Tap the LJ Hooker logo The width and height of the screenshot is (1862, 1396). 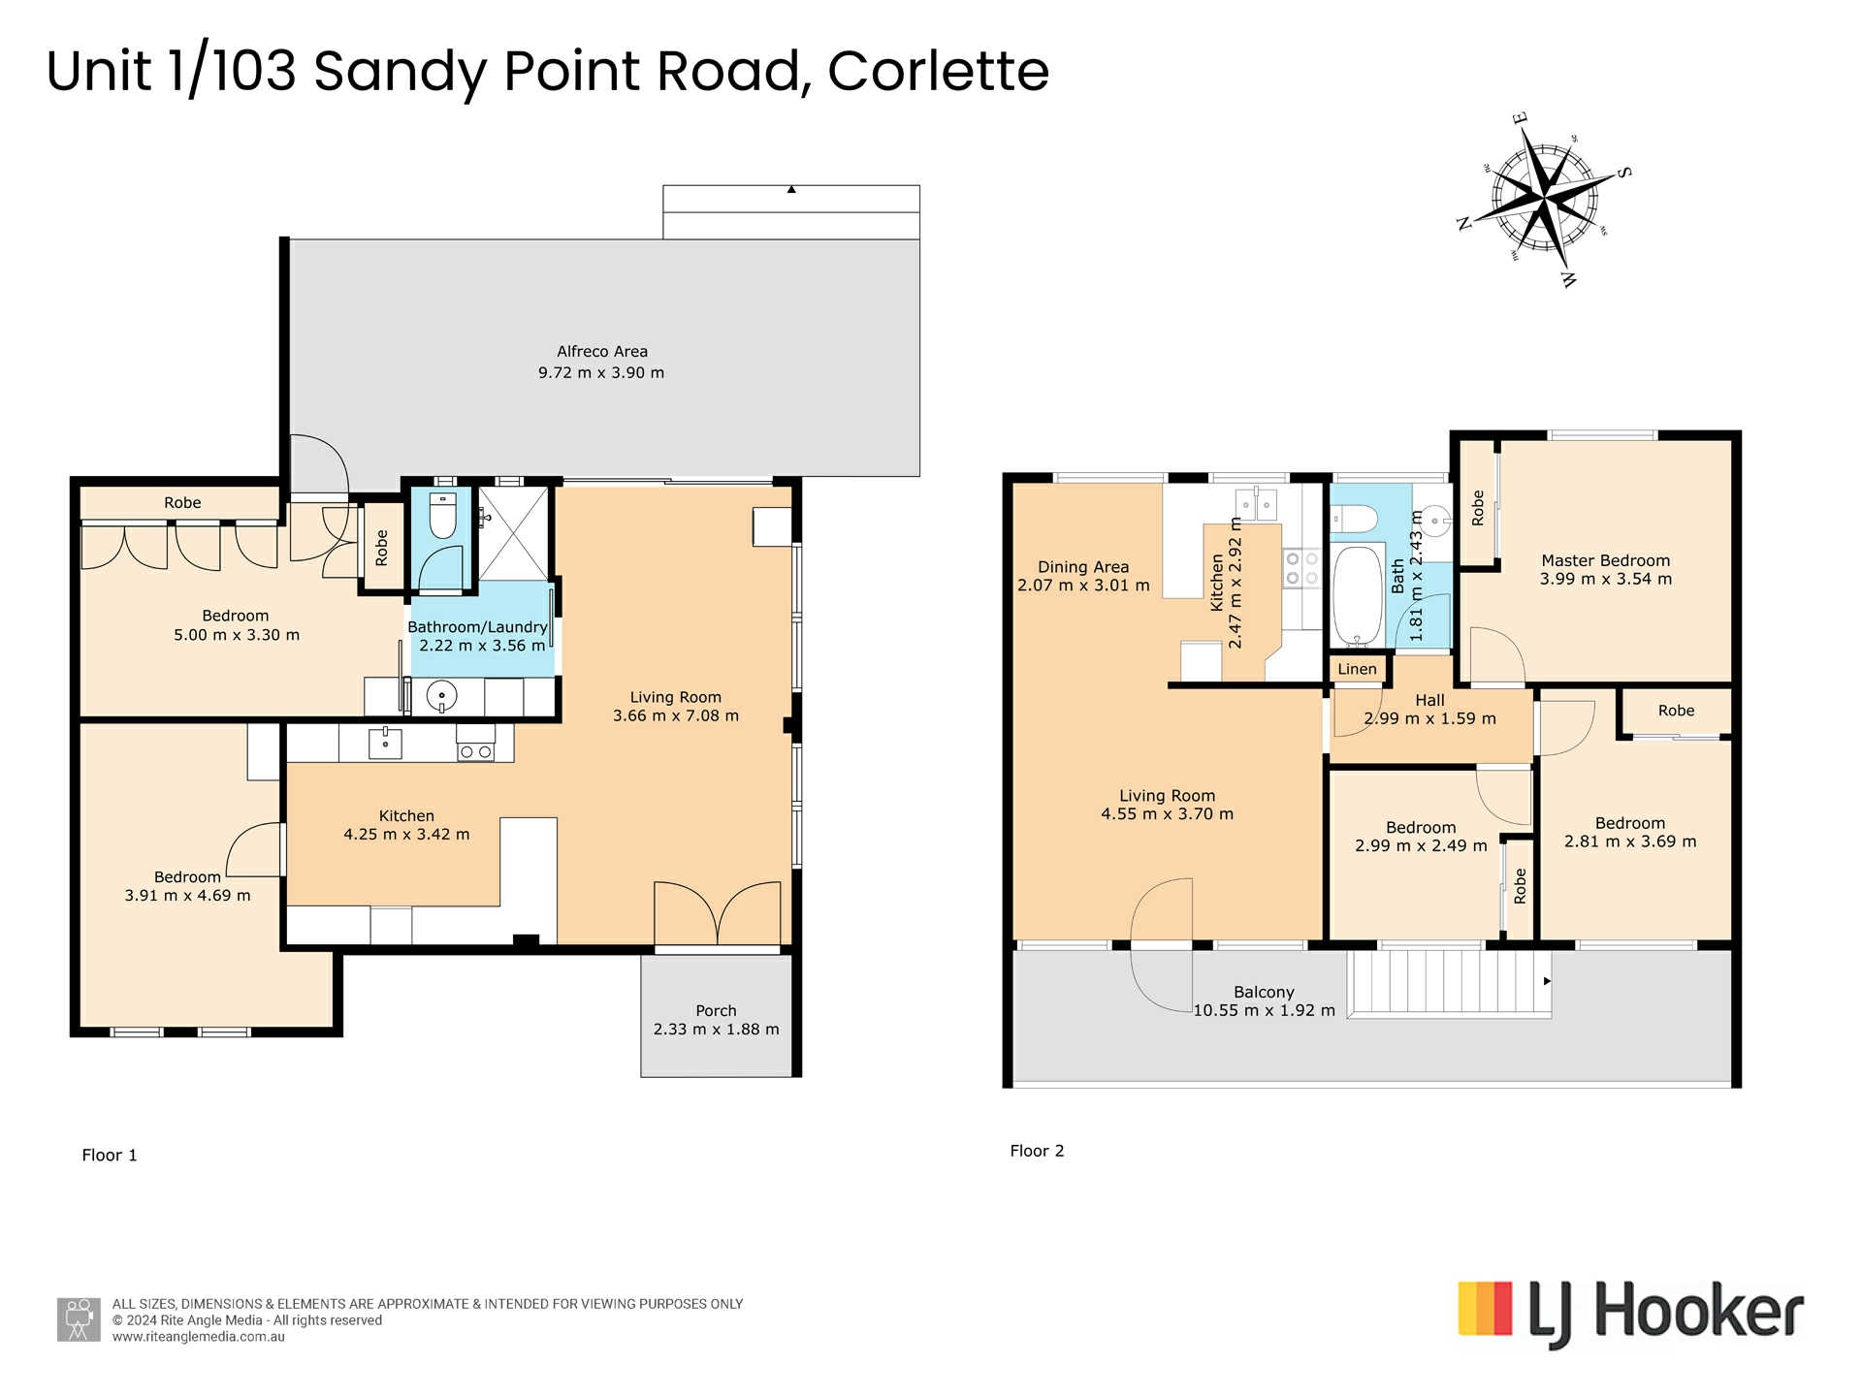[x=1631, y=1314]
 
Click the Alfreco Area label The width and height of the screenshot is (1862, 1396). [x=602, y=352]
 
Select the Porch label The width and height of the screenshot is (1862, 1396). [x=716, y=1011]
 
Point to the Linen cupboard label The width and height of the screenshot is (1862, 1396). [x=1357, y=669]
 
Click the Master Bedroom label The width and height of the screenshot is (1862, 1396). [x=1606, y=560]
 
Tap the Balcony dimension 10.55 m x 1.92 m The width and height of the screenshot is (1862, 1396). [x=1264, y=1010]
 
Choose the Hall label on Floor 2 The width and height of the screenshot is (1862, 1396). [x=1429, y=700]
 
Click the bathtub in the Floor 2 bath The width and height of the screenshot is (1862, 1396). [x=1357, y=595]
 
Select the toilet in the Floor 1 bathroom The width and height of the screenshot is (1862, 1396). [x=442, y=516]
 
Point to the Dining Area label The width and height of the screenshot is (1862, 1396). [x=1083, y=567]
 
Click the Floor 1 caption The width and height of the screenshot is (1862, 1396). [x=110, y=1155]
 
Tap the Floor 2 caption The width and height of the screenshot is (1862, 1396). [x=1037, y=1151]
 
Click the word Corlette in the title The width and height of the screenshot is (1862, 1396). [x=938, y=71]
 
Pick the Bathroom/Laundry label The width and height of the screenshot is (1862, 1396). [x=477, y=627]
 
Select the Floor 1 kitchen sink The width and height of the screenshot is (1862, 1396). [x=385, y=743]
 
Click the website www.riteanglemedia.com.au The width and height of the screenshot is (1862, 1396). [x=198, y=1337]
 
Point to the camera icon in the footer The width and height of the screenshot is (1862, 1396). [x=79, y=1319]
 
